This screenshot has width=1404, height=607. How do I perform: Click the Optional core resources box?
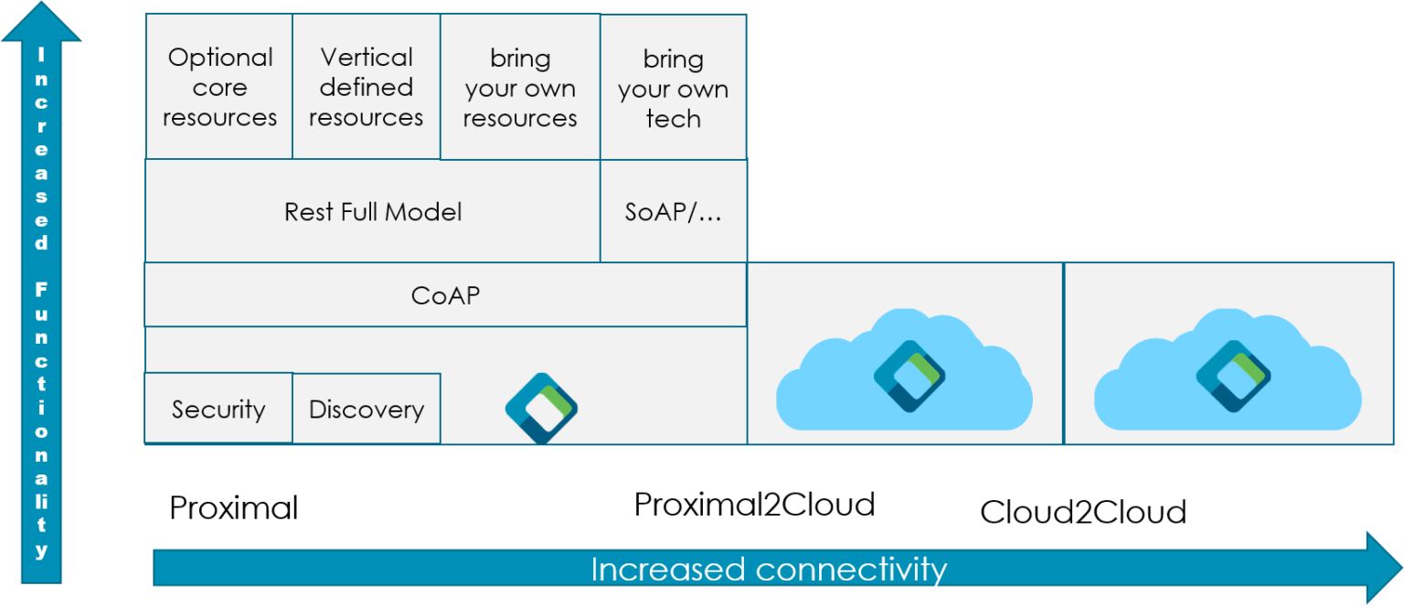coord(219,87)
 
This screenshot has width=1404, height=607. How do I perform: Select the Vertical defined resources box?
coord(366,87)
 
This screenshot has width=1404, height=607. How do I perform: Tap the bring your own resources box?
coord(520,87)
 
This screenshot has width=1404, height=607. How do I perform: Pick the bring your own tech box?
coord(673,87)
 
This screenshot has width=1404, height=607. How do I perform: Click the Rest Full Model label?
coord(373,212)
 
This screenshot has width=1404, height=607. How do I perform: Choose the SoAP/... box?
coord(673,210)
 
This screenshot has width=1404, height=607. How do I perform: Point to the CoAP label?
coord(446,295)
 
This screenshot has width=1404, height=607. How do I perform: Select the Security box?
coord(218,409)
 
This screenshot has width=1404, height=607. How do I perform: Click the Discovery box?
coord(367,409)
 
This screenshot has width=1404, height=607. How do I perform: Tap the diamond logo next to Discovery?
coord(541,409)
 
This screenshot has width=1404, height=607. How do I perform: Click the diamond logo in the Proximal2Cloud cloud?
coord(909,377)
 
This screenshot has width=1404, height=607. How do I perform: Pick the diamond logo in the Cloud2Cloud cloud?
coord(1233,377)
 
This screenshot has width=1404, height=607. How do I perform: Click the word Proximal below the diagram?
coord(234,508)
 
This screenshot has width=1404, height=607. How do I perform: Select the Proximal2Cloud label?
coord(754,505)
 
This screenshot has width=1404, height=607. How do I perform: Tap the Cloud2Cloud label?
coord(1083,512)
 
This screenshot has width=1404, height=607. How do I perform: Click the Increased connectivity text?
coord(769,570)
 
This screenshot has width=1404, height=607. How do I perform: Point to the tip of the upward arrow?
coord(41,2)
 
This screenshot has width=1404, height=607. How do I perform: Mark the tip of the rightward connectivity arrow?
coord(1402,568)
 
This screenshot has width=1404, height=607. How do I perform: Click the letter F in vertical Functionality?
coord(41,290)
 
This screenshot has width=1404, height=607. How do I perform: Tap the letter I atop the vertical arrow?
coord(41,55)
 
